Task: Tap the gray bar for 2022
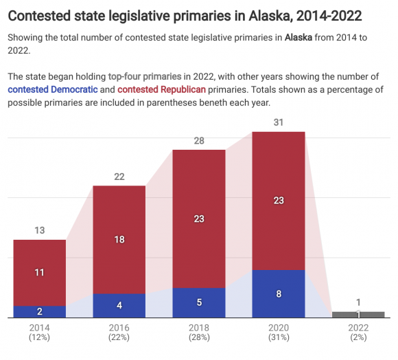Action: coord(358,315)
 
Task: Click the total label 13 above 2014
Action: coord(39,230)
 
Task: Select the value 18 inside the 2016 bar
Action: coord(119,240)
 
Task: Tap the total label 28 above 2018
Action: coord(198,140)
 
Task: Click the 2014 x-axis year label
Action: coord(39,328)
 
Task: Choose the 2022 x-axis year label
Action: coord(358,328)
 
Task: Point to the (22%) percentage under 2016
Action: coord(119,337)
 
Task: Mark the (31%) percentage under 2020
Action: coord(278,337)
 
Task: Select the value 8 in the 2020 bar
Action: coord(278,294)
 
